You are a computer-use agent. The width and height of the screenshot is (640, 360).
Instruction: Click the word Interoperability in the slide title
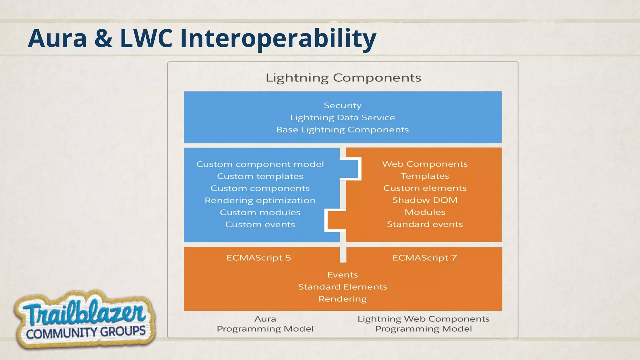coord(278,38)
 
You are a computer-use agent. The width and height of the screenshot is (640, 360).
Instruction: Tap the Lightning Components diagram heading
coord(343,77)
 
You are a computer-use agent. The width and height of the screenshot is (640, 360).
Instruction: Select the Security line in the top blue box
coord(342,106)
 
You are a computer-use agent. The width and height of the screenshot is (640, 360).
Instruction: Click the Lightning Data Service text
coord(342,118)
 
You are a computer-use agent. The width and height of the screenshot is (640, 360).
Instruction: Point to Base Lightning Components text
coord(342,130)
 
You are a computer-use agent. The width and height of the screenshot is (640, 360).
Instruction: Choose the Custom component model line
coord(260,164)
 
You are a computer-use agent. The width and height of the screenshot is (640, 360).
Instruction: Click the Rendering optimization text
coord(260,200)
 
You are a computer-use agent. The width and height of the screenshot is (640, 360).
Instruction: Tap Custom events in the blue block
coord(260,224)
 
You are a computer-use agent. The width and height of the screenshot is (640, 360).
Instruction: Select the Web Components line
coord(425,164)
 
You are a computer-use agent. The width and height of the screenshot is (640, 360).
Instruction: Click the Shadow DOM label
coord(425,200)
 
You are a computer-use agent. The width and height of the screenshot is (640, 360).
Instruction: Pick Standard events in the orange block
coord(425,224)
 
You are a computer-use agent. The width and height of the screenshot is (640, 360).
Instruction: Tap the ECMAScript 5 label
coord(258,258)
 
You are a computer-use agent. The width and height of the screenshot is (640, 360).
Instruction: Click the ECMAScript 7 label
coord(425,258)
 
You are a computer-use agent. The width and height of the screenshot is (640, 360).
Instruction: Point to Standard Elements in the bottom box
coord(342,287)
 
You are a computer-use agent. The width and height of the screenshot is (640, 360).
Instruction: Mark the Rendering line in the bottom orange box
coord(342,299)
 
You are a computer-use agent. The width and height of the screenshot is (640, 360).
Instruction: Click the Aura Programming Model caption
coord(265,324)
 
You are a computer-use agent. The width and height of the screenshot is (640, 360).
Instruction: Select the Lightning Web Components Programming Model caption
coord(423,324)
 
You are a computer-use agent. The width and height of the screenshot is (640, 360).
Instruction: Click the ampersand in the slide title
coord(103,38)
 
